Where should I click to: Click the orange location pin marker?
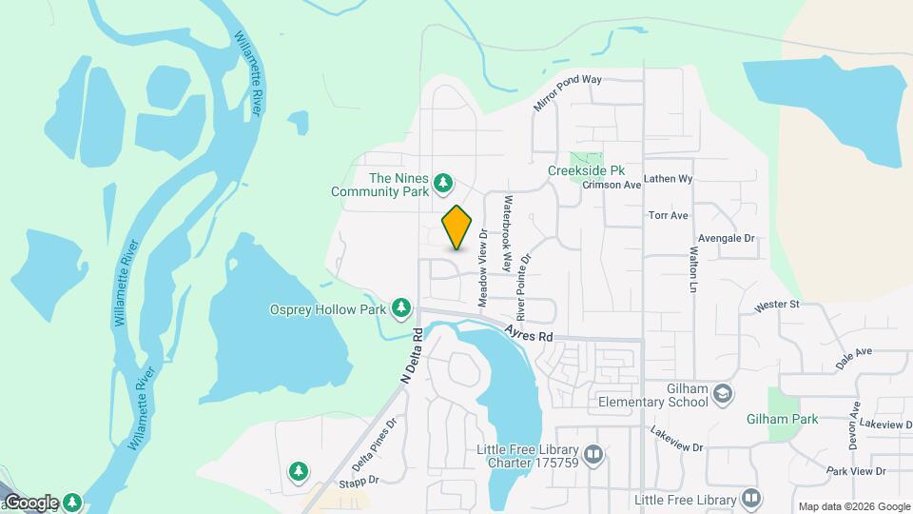tap(457, 227)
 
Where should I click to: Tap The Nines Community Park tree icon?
tap(442, 182)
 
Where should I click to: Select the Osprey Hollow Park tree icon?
tap(402, 307)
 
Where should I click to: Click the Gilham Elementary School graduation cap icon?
tap(723, 393)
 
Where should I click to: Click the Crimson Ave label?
tap(612, 186)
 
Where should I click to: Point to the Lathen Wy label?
tap(668, 178)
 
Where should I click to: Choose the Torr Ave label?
tap(668, 216)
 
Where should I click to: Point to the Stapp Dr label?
tap(360, 480)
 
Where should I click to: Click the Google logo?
tap(31, 503)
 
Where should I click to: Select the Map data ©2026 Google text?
tap(854, 506)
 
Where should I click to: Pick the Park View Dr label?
tap(856, 471)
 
